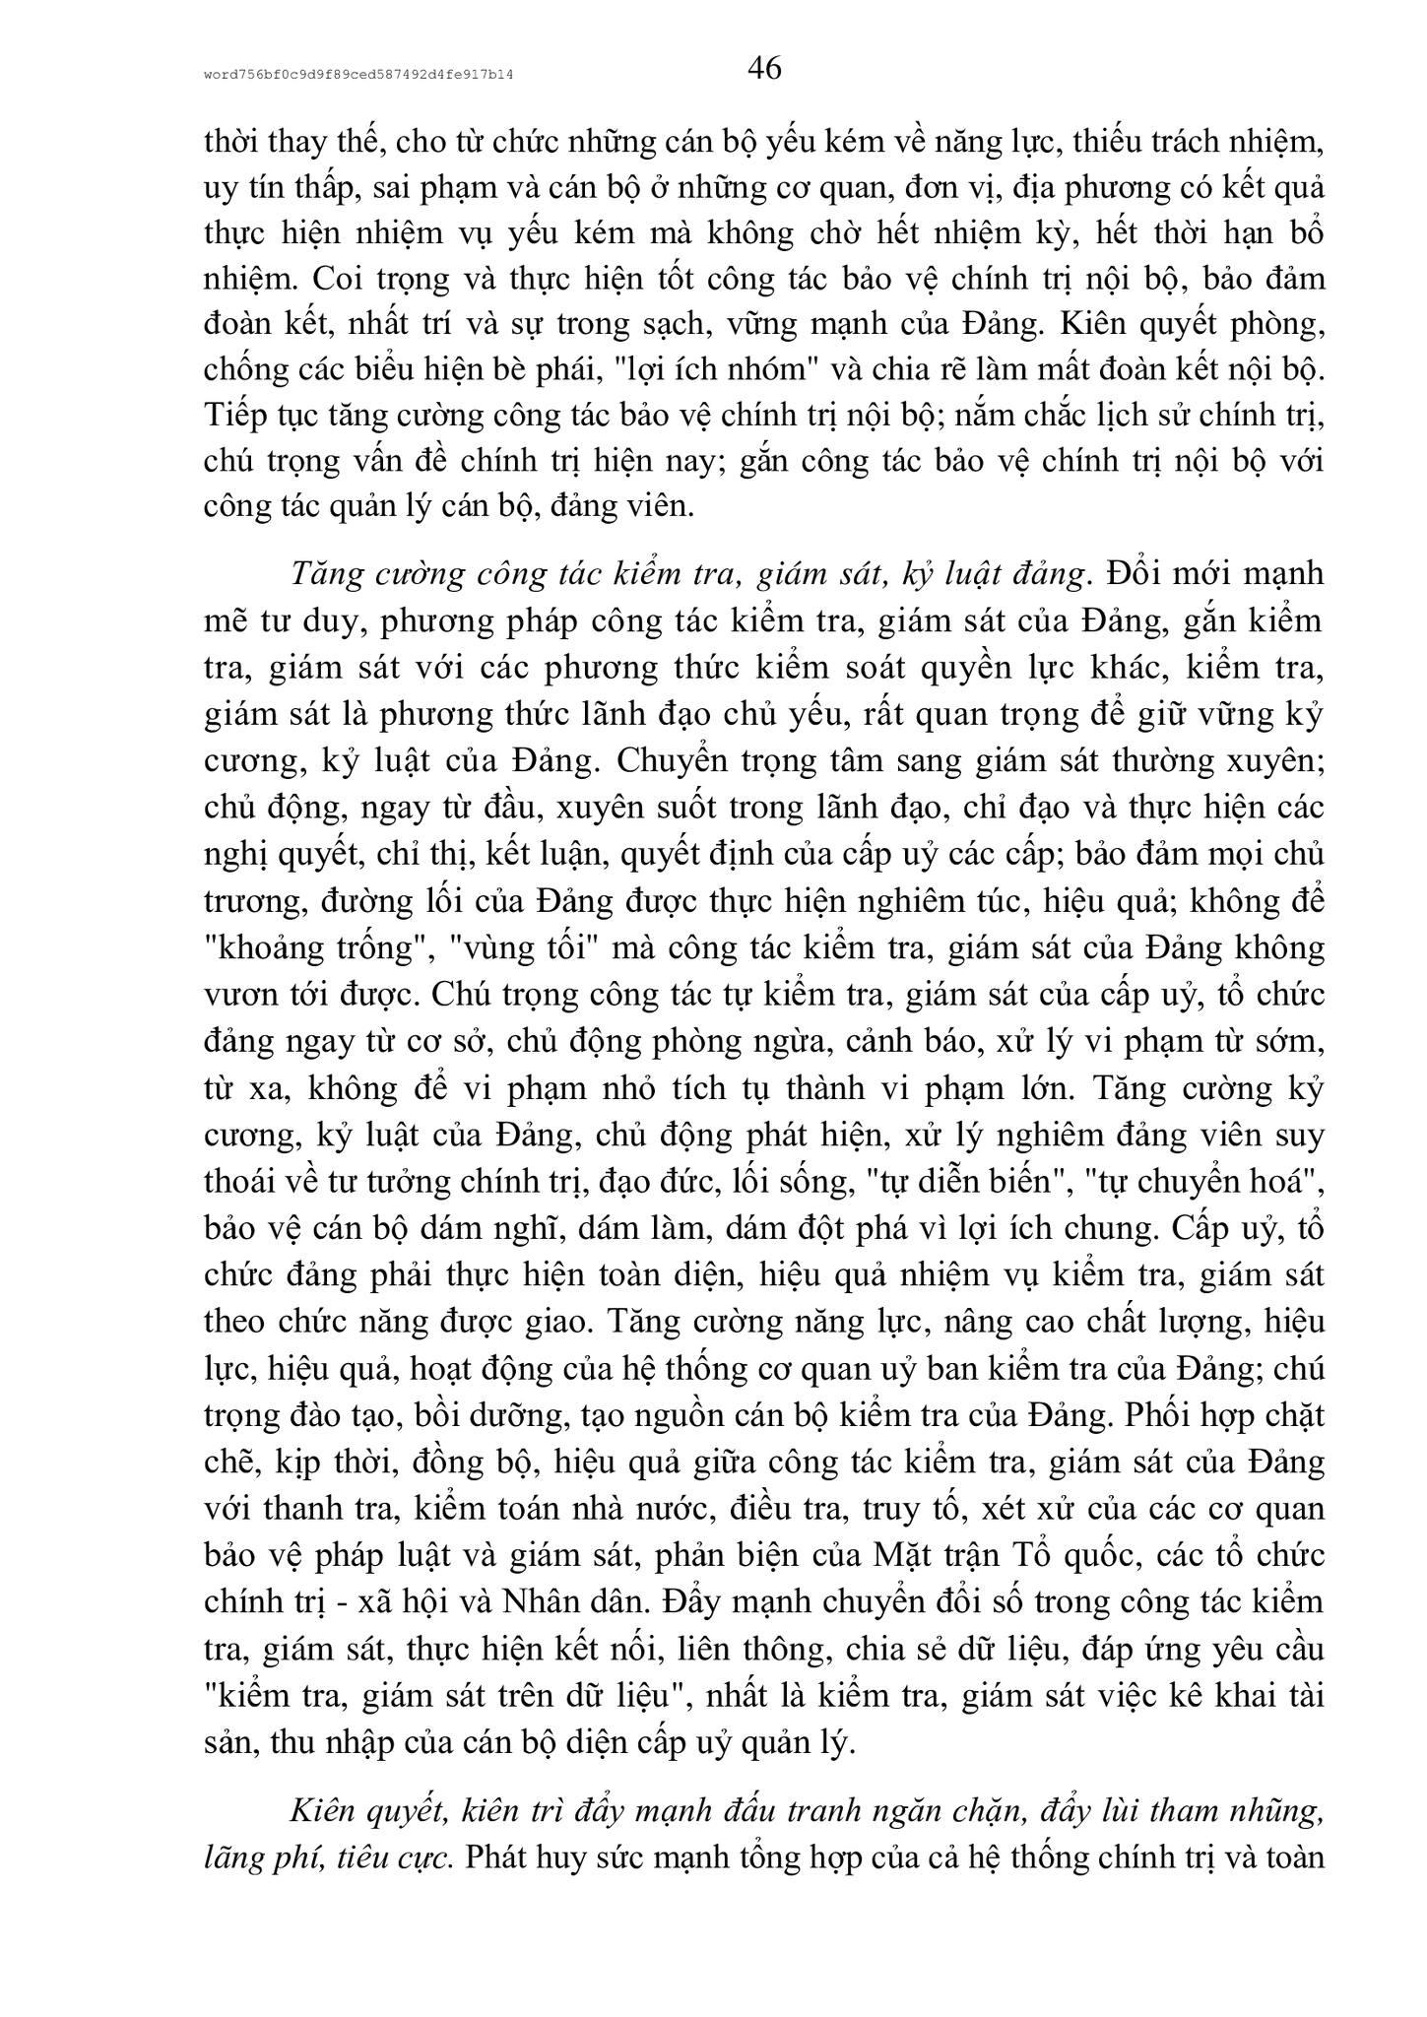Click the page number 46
pos(764,69)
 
